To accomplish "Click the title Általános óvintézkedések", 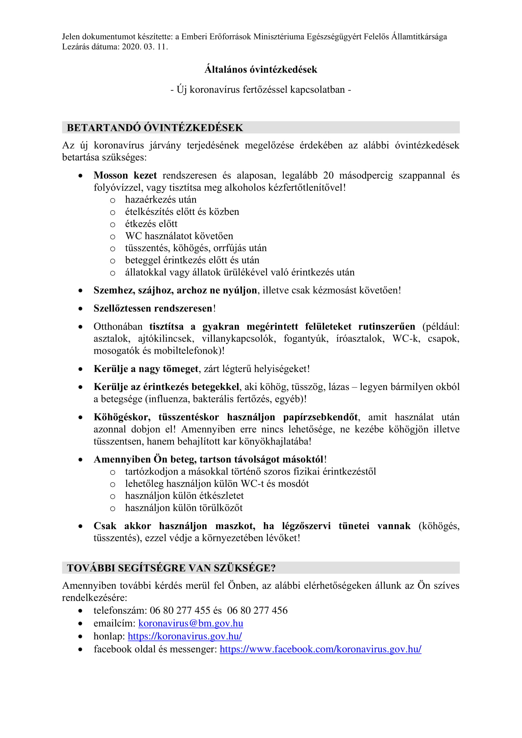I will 261,69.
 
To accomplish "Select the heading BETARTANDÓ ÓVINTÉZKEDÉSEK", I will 155,127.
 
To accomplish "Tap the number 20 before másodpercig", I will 328,175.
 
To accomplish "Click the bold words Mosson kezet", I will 125,175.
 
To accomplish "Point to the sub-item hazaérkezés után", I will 161,200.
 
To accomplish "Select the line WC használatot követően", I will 179,236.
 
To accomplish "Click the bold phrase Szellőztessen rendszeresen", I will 153,308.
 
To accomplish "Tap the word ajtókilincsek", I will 166,339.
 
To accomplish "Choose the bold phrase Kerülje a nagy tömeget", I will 146,369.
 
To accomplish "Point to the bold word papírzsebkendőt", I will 320,417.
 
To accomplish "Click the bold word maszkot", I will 235,526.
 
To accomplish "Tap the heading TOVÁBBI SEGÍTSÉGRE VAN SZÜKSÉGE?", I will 171,568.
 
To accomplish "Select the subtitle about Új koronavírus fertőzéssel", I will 261,89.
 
